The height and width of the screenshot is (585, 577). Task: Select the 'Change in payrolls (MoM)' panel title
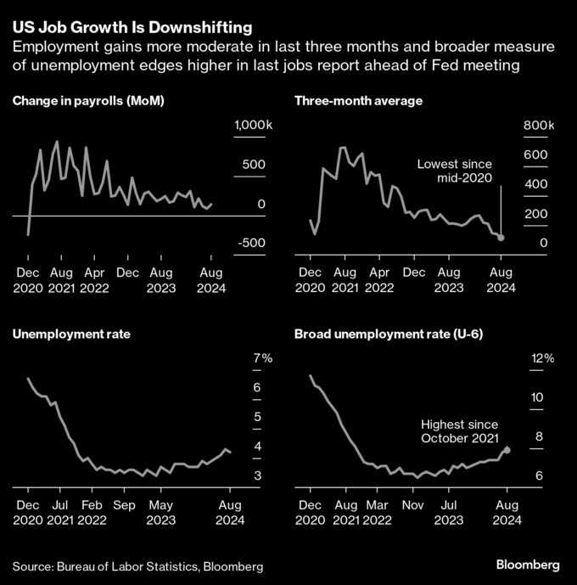click(x=88, y=101)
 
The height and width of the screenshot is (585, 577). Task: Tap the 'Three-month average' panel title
click(x=358, y=101)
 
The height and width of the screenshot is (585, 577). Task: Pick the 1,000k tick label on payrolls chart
click(x=253, y=125)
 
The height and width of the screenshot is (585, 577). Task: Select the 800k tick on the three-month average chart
click(x=538, y=125)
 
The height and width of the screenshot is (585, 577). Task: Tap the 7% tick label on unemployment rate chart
click(x=262, y=358)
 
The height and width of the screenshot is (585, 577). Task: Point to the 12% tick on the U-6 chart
click(x=541, y=358)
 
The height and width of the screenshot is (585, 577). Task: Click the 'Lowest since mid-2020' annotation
click(x=455, y=170)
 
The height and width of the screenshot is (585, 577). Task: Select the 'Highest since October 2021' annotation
click(x=460, y=430)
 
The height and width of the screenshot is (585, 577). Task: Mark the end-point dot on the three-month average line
click(x=501, y=238)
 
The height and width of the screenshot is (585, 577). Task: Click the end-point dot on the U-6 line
click(x=507, y=450)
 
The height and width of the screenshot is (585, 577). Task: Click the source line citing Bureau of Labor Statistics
click(x=137, y=565)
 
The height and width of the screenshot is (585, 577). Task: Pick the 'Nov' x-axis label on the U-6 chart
click(x=413, y=505)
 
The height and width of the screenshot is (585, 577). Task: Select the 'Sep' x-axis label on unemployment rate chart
click(x=125, y=505)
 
